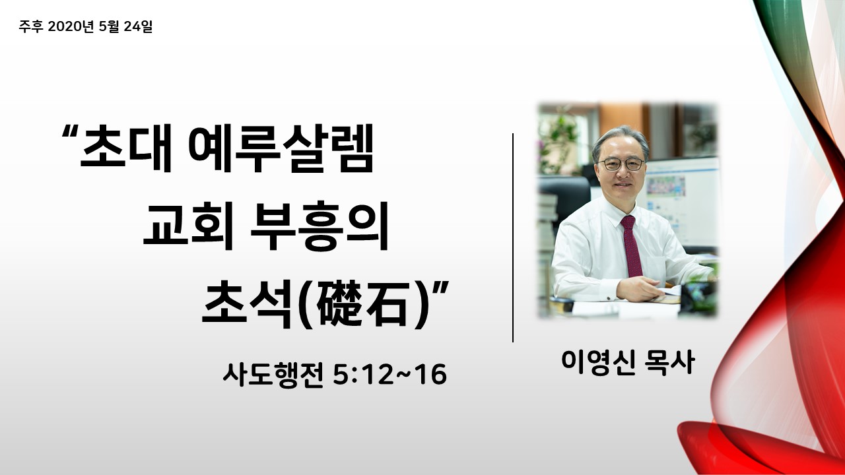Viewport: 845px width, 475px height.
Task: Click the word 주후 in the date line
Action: click(31, 26)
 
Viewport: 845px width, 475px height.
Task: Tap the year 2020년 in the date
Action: click(71, 26)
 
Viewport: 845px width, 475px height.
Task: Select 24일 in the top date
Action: click(138, 26)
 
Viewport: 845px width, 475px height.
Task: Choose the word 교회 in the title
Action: click(189, 226)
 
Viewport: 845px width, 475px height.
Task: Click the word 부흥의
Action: click(320, 226)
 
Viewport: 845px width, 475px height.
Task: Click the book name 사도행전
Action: click(273, 375)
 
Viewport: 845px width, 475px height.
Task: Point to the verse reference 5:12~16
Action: click(390, 375)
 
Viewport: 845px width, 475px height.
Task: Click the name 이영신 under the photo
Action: click(598, 362)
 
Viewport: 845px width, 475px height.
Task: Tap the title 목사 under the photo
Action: click(670, 362)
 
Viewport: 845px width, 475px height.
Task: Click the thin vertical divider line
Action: click(513, 237)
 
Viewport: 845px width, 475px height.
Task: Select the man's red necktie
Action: click(631, 246)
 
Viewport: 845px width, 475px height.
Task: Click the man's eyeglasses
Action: click(621, 164)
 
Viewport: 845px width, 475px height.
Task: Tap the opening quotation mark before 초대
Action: click(70, 132)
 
